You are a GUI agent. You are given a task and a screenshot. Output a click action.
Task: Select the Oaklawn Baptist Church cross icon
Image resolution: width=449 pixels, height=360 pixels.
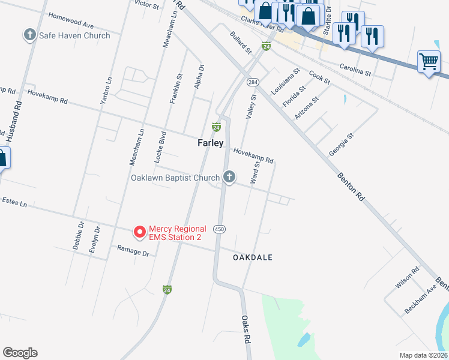coord(228,177)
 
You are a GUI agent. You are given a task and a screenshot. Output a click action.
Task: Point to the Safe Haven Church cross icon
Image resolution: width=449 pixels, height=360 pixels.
coord(30,35)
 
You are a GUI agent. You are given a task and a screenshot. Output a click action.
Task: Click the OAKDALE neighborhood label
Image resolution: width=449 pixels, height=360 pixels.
coord(253,257)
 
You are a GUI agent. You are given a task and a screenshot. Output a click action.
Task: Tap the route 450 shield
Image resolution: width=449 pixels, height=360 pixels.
coord(220,229)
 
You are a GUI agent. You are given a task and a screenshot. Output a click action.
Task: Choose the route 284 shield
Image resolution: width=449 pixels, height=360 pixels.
coord(253,82)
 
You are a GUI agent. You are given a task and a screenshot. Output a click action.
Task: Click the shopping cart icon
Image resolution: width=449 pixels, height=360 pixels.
coord(429,61)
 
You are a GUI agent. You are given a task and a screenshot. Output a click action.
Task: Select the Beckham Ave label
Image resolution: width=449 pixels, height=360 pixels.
coord(420,298)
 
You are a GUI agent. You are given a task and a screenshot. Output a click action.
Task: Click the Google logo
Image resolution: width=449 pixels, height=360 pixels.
coord(20,353)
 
